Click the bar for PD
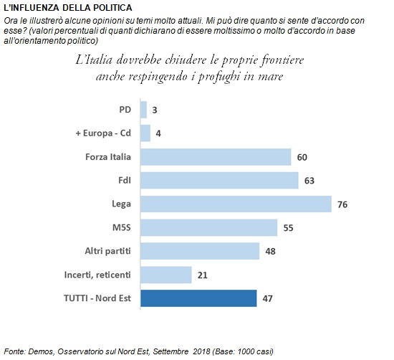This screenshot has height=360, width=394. click(x=143, y=110)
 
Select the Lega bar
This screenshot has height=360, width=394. click(x=236, y=204)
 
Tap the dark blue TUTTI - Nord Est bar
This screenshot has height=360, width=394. click(x=198, y=298)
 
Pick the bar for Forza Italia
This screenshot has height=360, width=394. click(x=216, y=157)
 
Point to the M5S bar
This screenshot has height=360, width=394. click(x=208, y=227)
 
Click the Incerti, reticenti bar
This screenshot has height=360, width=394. click(x=166, y=275)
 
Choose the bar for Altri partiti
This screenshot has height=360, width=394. click(x=200, y=251)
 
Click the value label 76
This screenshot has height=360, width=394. click(x=342, y=204)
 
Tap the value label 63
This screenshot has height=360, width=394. click(x=309, y=181)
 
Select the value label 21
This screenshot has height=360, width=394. click(x=203, y=275)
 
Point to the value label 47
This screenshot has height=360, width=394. click(x=268, y=298)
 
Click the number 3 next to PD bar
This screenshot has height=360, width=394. click(x=155, y=110)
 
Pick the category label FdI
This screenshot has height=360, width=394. click(x=125, y=181)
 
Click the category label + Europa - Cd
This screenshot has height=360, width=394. click(x=103, y=133)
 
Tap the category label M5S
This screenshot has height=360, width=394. click(x=122, y=227)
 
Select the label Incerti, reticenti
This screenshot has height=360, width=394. click(x=97, y=275)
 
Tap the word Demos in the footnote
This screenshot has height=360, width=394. click(x=41, y=351)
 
